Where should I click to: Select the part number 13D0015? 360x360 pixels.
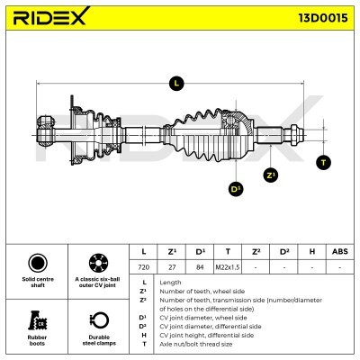[x=323, y=18]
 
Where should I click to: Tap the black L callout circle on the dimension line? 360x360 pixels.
[x=176, y=84]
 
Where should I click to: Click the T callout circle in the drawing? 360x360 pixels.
[x=323, y=163]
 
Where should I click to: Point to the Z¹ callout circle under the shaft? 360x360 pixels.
[x=271, y=175]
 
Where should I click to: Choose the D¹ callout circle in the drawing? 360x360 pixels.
[x=236, y=189]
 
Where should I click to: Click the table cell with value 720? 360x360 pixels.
[x=143, y=267]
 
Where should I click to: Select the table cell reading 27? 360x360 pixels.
[x=172, y=267]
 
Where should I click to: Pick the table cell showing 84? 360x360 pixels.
[x=200, y=267]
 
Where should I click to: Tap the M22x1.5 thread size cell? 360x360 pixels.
[x=228, y=267]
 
